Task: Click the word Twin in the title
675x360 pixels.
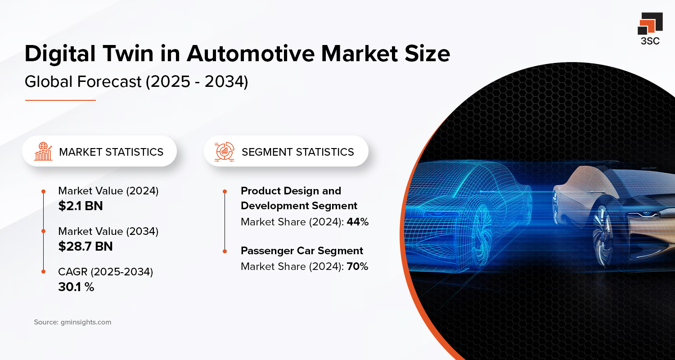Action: tap(144, 54)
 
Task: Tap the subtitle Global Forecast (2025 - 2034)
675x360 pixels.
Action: tap(136, 82)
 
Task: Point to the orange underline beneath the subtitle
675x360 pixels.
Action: tap(60, 100)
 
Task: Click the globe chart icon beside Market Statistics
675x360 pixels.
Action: tap(43, 152)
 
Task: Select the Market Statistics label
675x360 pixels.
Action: tap(111, 152)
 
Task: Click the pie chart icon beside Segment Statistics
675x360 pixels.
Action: tap(225, 152)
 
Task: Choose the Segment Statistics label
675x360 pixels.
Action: tap(297, 152)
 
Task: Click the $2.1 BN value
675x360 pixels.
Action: tap(81, 206)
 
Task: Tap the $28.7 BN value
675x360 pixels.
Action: tap(85, 246)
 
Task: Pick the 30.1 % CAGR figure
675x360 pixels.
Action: tap(76, 287)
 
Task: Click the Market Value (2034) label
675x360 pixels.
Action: tap(108, 231)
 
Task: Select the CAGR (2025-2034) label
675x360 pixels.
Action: tap(105, 272)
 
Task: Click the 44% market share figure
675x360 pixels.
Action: tap(357, 221)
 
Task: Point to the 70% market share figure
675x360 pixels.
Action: tap(357, 266)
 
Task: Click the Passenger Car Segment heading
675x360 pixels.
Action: tap(301, 251)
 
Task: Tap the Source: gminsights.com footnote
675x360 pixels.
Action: tap(72, 322)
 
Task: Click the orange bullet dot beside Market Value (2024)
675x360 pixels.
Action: tap(43, 191)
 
